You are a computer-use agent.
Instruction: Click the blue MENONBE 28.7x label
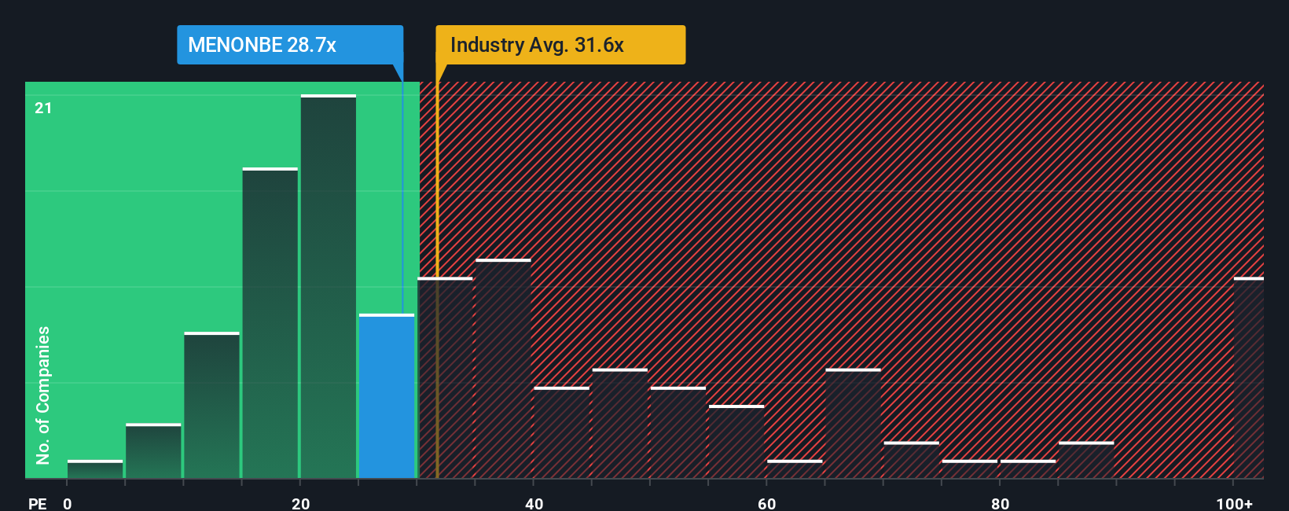(x=289, y=45)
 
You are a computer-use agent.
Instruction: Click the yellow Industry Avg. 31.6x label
(x=560, y=45)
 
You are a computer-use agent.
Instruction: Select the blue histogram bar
(x=387, y=397)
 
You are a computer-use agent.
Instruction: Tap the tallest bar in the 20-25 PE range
(x=329, y=287)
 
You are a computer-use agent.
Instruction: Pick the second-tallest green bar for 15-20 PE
(x=270, y=323)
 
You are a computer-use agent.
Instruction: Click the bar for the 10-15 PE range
(x=212, y=406)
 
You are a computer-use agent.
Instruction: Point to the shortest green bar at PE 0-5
(x=95, y=469)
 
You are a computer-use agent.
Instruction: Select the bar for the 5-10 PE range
(x=153, y=451)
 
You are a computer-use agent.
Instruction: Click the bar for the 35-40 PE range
(x=503, y=369)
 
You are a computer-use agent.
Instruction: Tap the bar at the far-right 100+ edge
(x=1248, y=378)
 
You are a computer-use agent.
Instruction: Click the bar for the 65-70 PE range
(x=853, y=424)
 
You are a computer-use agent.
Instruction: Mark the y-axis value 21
(x=43, y=108)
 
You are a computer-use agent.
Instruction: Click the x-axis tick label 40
(x=534, y=503)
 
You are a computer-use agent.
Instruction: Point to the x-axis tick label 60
(x=767, y=503)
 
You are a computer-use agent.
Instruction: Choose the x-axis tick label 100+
(x=1234, y=503)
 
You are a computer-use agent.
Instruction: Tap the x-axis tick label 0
(x=68, y=503)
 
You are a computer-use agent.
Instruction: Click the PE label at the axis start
(x=37, y=503)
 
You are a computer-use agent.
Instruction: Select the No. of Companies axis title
(x=43, y=395)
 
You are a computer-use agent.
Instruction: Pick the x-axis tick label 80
(x=1000, y=503)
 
